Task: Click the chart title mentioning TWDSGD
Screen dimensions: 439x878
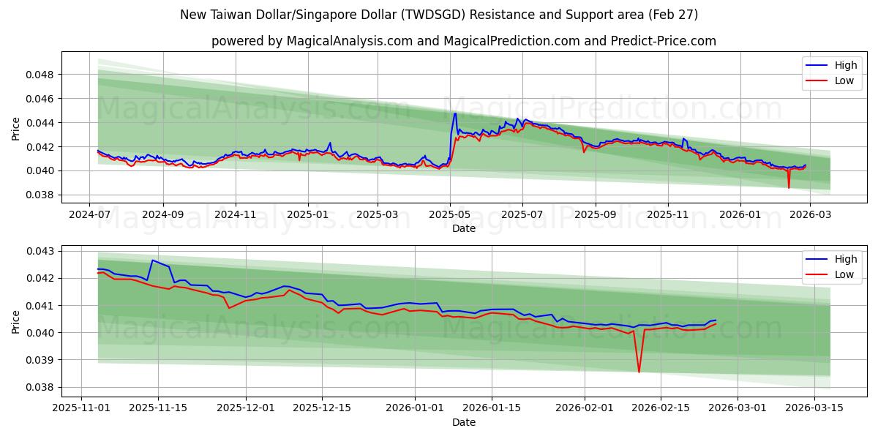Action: [x=439, y=15]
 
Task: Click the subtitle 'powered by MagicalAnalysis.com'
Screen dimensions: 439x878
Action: [x=464, y=41]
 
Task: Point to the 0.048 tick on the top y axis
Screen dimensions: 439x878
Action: [x=41, y=75]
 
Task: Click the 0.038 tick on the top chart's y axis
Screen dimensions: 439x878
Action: [x=41, y=195]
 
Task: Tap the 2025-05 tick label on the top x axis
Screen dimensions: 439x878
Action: [x=450, y=215]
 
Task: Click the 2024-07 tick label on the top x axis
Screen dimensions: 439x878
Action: [x=89, y=215]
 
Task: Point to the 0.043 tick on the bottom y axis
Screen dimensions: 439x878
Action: [x=41, y=251]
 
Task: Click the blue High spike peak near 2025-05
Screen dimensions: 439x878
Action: [x=455, y=113]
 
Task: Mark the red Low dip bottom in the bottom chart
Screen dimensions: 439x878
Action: [x=639, y=372]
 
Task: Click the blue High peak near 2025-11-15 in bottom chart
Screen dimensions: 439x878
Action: [x=152, y=260]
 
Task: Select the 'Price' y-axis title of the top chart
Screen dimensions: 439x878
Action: [x=16, y=128]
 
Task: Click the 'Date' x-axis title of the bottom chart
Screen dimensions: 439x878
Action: [x=464, y=422]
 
